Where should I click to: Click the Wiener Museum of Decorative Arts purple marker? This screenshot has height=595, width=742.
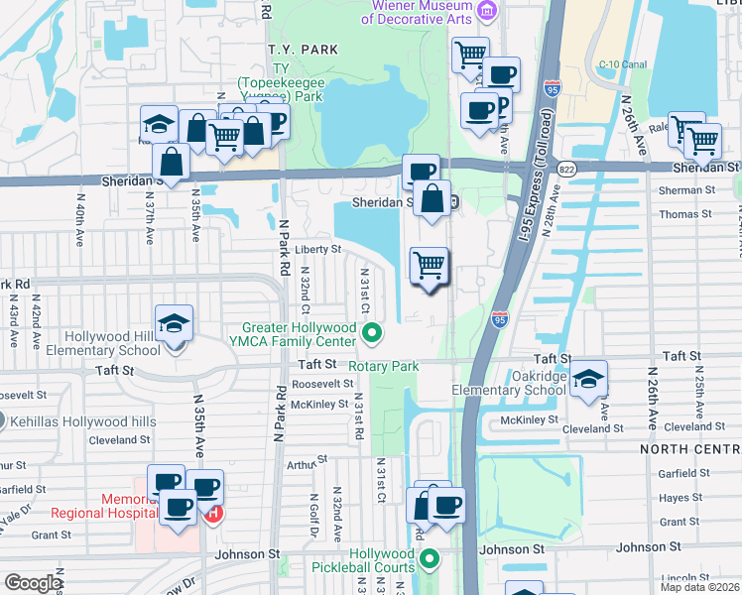(486, 11)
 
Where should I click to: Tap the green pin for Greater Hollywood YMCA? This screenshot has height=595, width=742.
(372, 333)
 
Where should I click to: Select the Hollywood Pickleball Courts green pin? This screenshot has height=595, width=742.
(430, 560)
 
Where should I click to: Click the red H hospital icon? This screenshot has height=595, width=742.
(211, 514)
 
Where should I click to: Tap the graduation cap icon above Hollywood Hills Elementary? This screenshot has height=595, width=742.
(174, 323)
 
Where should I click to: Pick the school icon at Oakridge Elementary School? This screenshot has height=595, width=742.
(588, 379)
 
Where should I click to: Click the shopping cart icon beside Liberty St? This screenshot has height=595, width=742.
(429, 266)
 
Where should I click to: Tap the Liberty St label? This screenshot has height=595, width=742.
(317, 249)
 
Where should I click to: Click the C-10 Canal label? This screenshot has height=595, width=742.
(622, 64)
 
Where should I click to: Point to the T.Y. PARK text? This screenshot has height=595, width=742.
(303, 49)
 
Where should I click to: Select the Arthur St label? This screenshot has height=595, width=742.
(307, 461)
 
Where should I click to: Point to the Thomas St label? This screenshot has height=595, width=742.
(680, 214)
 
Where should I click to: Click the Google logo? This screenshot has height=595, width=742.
(33, 582)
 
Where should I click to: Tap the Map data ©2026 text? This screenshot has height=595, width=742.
(698, 587)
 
